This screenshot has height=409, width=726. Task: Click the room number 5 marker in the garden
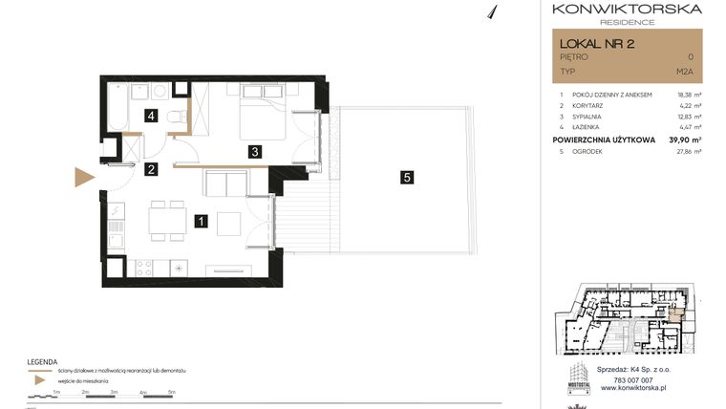[x=407, y=177]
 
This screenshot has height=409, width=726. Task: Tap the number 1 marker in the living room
[x=201, y=222]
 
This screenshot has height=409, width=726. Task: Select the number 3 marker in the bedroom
[x=254, y=151]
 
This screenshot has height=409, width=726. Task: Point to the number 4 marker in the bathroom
[x=151, y=117]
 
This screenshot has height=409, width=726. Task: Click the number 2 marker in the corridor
[x=151, y=170]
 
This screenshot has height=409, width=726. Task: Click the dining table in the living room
[x=167, y=222]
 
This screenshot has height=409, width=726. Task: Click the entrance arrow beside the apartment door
[x=84, y=178]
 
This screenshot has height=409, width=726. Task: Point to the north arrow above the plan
[x=493, y=11]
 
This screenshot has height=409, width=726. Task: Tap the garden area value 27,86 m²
[x=687, y=151]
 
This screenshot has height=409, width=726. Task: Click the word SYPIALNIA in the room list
[x=593, y=116]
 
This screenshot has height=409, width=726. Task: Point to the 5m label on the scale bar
[x=171, y=392]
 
